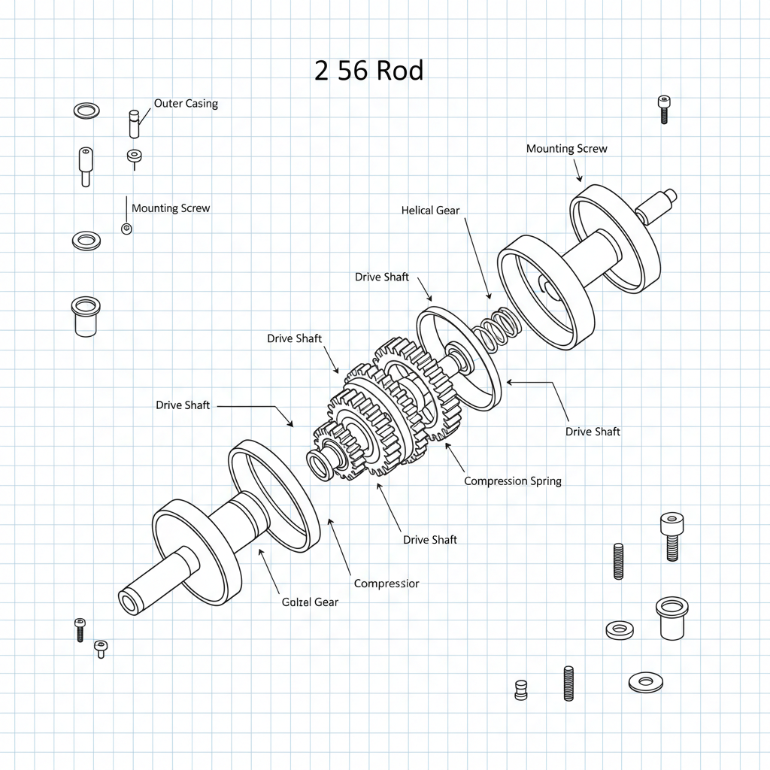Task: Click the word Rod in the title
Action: point(400,71)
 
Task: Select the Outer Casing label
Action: point(186,103)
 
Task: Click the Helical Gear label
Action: point(430,211)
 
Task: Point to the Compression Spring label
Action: point(512,480)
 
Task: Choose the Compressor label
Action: point(387,584)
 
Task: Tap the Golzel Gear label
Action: point(310,602)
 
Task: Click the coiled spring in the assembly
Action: point(496,329)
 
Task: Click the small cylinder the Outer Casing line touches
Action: point(135,124)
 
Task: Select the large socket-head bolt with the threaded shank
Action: point(671,535)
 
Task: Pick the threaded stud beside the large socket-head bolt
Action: point(618,561)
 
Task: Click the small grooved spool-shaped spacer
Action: point(520,690)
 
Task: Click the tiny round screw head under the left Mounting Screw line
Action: point(126,229)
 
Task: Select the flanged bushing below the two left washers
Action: point(85,316)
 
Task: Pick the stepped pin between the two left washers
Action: point(85,165)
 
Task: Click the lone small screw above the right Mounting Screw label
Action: point(663,109)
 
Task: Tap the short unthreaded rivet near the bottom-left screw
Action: point(100,649)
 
